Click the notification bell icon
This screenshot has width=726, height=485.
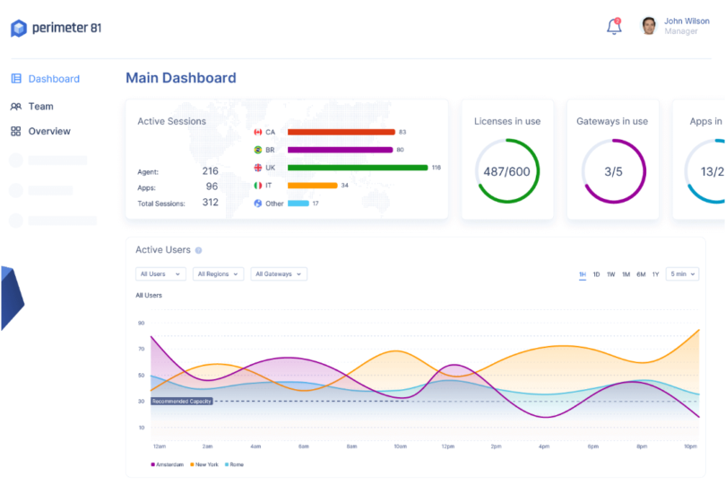coord(614,27)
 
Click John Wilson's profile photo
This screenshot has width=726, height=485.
coord(649,26)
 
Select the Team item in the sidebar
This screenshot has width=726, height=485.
coord(40,106)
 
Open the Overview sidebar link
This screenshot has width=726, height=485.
coord(48,131)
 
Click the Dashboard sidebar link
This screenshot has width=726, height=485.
coord(53,79)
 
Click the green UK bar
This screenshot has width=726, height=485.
coord(358,168)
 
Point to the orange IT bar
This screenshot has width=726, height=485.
coord(312,186)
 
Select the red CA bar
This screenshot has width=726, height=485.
coord(341,132)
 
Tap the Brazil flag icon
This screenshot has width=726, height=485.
coord(258,150)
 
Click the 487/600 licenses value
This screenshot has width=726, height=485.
coord(507,171)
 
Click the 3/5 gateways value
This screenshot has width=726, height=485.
coord(613,171)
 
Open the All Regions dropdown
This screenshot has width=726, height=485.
coord(219,274)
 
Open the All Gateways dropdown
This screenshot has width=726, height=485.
coord(279,274)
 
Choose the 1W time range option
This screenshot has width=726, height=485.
coord(610,274)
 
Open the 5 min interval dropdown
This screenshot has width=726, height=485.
coord(682,274)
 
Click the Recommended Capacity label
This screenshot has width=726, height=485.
coord(182,401)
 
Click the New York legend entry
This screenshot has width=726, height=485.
coord(204,464)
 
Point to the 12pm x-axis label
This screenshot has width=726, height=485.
coord(448,446)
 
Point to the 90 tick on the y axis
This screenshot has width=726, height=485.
coord(141,323)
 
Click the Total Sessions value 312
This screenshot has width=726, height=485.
coord(210,203)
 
